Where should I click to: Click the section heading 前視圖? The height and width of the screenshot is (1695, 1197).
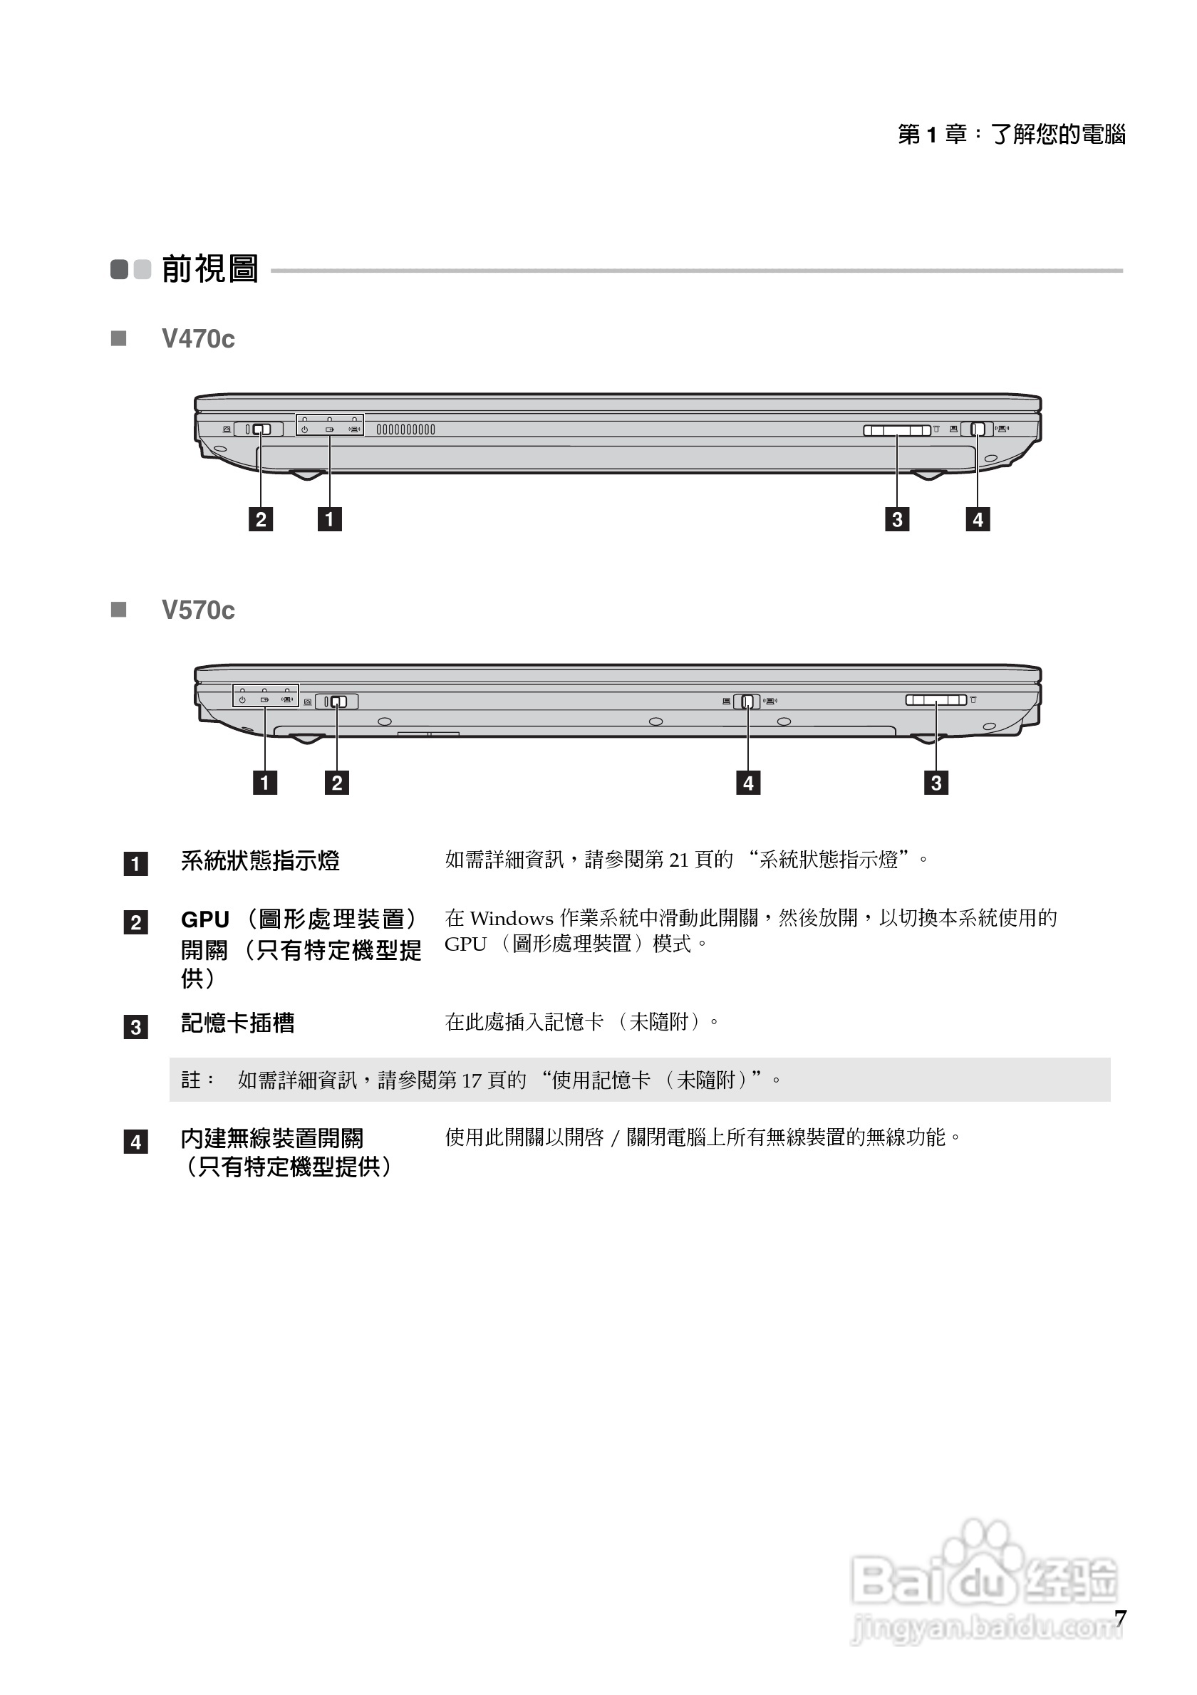coord(209,268)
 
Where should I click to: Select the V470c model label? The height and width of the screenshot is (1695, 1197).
coord(198,339)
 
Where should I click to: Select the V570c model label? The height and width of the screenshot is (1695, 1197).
coord(198,610)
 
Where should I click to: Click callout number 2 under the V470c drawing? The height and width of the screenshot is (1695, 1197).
coord(261,519)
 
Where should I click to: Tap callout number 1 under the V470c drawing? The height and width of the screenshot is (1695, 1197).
coord(329,519)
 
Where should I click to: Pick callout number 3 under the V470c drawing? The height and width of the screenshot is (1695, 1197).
coord(897,519)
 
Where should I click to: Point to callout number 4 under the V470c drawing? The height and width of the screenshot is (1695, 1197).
coord(978,519)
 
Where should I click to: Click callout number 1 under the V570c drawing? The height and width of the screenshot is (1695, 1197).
coord(264,783)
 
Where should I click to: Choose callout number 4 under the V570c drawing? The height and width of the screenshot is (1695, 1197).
coord(748,783)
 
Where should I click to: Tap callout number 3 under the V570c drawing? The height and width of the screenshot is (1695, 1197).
coord(936,783)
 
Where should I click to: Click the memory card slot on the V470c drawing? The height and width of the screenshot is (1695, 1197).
coord(896,430)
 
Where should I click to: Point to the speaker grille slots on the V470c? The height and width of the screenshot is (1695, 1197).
coord(405,429)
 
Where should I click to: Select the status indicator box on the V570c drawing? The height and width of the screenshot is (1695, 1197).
coord(265,695)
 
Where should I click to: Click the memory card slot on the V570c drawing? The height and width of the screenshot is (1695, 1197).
coord(936,700)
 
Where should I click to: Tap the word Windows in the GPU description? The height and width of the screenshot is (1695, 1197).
coord(511,919)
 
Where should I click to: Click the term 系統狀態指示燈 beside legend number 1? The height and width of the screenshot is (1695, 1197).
coord(260,861)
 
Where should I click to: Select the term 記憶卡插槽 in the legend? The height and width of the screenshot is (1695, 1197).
coord(238,1023)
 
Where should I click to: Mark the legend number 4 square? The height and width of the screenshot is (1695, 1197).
coord(136,1142)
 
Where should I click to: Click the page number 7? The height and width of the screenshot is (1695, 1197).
coord(1120,1618)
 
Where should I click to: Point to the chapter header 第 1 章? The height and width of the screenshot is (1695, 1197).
coord(931,135)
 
